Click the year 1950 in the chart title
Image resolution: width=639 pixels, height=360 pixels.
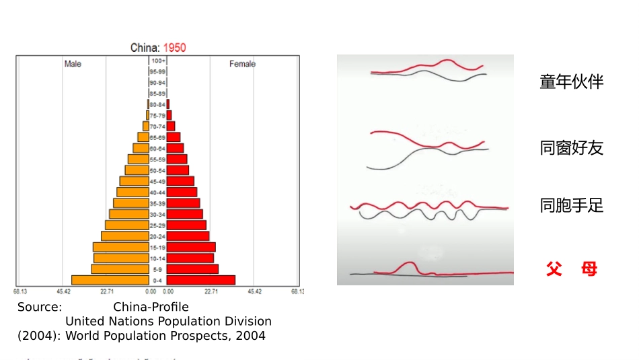click(174, 48)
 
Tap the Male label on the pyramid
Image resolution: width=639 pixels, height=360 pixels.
click(73, 64)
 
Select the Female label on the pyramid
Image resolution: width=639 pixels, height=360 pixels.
click(242, 64)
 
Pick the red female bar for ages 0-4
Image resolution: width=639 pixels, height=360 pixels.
click(201, 280)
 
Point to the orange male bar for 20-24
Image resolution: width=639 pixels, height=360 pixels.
click(124, 236)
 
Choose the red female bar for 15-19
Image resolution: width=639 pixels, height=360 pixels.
click(191, 247)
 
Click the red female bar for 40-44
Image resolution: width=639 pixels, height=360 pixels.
click(182, 192)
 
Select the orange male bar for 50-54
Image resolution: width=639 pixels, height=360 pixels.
click(137, 170)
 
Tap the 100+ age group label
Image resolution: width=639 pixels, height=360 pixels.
click(158, 61)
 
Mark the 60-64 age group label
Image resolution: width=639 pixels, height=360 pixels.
click(157, 149)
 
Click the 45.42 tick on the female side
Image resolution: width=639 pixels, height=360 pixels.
click(254, 291)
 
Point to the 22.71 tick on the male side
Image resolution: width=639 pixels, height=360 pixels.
click(107, 291)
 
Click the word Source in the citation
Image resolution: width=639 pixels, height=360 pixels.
click(40, 308)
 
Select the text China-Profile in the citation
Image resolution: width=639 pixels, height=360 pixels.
click(151, 308)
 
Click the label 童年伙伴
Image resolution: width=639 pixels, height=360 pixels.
click(571, 82)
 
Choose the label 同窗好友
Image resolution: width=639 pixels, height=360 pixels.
click(571, 148)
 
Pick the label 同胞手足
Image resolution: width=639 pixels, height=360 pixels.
click(571, 206)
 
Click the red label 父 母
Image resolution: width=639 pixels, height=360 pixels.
click(571, 270)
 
